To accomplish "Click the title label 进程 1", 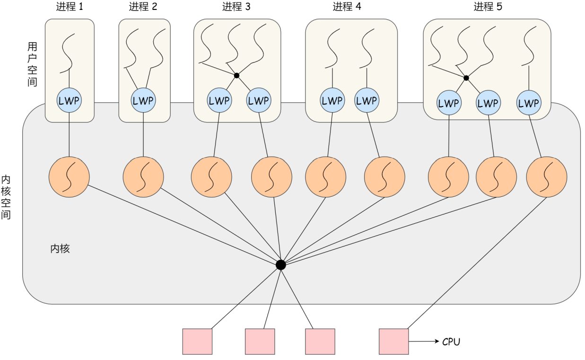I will coord(69,7).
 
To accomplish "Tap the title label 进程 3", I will coord(236,7).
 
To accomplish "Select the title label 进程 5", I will coord(488,7).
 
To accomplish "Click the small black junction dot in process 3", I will coord(236,75).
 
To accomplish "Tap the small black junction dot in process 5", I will coord(466,78).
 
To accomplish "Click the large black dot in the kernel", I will coord(280,265).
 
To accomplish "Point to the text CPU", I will coord(451,342).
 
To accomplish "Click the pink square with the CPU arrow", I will coord(393,342).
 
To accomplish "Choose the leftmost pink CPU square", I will coord(197,342).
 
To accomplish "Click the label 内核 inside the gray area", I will coord(60,249).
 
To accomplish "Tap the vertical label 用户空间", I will coord(32,63).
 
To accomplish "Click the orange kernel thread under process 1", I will coord(69,178).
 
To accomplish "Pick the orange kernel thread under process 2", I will coord(143,178).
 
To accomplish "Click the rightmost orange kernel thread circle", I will coord(546,178).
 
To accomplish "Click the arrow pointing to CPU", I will coord(424,342).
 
